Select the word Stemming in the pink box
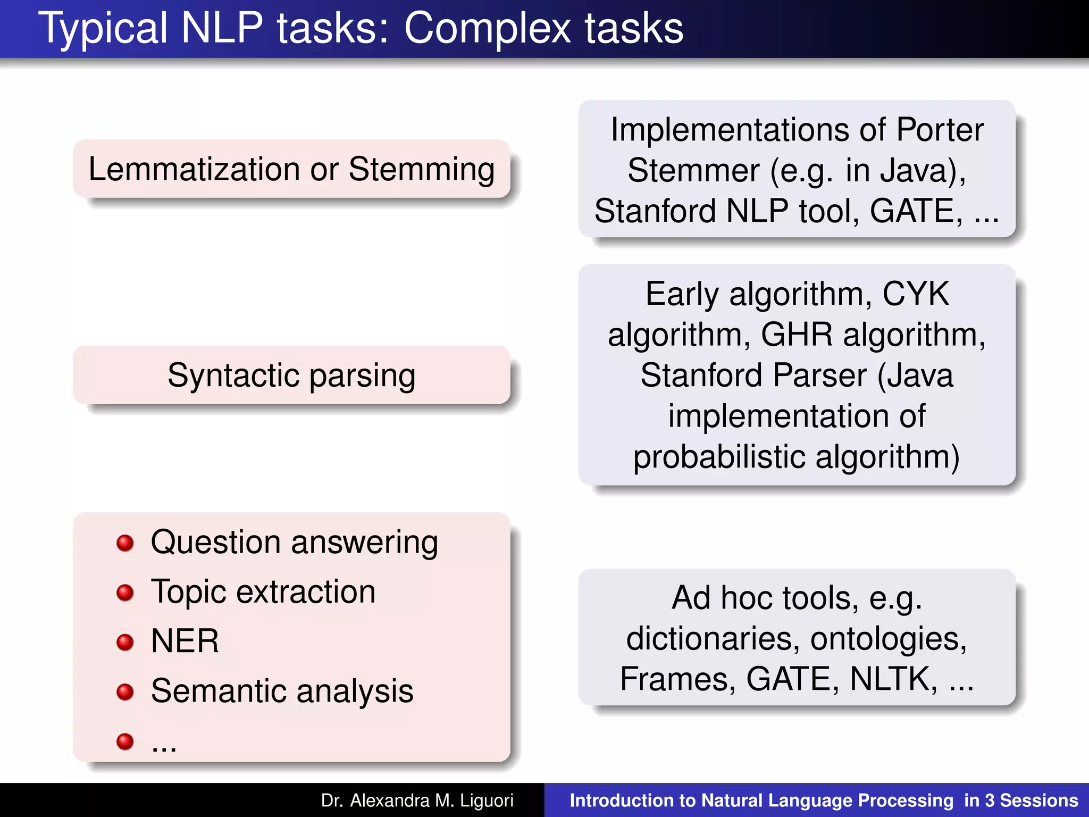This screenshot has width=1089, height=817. point(422,169)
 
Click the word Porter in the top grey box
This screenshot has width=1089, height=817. point(940,130)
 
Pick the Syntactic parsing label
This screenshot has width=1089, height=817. point(291,376)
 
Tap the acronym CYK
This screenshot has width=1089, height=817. point(916,294)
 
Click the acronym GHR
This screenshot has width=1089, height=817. point(797,335)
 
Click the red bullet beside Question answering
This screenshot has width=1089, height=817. point(125,543)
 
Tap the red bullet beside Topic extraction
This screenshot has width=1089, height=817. point(125,593)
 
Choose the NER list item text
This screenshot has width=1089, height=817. point(185,641)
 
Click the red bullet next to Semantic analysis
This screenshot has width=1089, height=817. point(125,691)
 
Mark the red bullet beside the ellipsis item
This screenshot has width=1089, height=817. point(125,741)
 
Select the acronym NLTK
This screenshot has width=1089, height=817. point(893,679)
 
